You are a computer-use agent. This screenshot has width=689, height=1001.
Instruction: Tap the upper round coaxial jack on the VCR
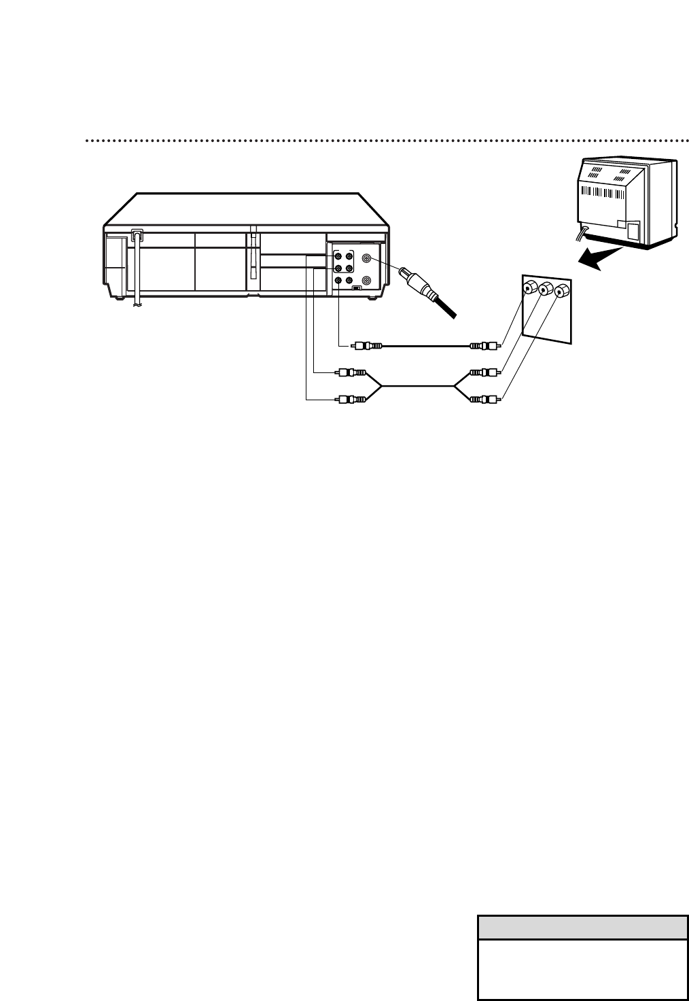coord(368,258)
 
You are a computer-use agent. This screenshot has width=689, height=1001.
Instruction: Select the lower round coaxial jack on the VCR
coord(368,280)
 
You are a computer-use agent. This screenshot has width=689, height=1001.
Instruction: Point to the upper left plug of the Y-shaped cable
coord(351,372)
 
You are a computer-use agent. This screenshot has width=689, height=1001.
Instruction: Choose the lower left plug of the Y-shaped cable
coord(351,400)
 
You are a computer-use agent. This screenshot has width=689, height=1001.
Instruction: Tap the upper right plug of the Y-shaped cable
coord(484,372)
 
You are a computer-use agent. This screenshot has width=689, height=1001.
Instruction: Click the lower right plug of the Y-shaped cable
coord(484,400)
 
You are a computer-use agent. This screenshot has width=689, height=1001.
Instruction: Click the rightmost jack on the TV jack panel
coord(561,292)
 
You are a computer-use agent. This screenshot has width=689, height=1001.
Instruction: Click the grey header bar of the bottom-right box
coord(582,927)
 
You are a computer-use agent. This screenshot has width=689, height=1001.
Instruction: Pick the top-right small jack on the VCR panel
coord(349,258)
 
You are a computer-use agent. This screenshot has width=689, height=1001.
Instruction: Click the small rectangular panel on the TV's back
coord(633,230)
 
